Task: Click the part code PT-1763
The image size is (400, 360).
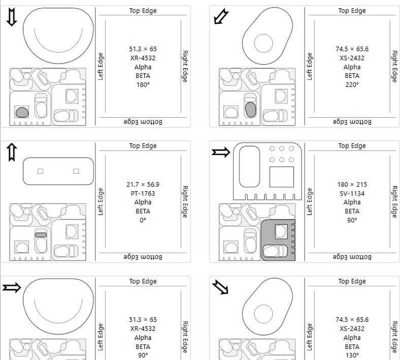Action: coord(143,193)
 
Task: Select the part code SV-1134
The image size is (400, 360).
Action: coord(352,193)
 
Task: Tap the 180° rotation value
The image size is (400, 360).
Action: coord(143,84)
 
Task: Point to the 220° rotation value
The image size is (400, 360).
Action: coord(352,84)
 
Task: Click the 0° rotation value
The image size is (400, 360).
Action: coord(143,220)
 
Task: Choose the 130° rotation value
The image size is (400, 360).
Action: coord(352,355)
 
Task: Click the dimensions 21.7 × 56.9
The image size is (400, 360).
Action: coord(143,184)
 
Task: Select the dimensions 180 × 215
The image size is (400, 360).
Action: coord(352,184)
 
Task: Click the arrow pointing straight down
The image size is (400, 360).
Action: coord(12,17)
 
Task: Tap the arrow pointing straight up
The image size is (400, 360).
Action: coord(12,152)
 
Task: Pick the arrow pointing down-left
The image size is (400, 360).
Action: coord(221,16)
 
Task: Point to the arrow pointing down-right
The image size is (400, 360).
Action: coord(220,287)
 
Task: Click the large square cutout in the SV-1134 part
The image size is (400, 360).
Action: coord(282,177)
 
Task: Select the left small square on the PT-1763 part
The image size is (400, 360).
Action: coord(40,171)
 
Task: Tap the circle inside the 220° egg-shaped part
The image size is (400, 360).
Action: coord(263,43)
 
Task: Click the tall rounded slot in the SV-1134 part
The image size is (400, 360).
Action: coord(249,167)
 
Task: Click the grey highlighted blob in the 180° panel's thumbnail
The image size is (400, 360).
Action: coord(22,112)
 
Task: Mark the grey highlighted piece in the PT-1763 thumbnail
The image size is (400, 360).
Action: coord(41,235)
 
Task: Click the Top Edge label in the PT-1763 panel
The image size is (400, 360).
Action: coord(143,146)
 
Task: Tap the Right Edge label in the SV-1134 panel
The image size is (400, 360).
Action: coord(394,202)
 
